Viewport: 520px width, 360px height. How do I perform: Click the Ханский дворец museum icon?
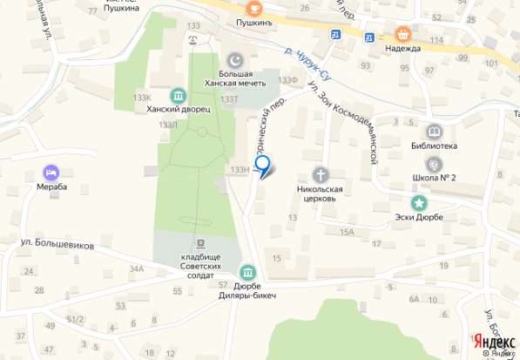click(x=179, y=95)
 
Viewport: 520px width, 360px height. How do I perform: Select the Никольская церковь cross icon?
click(x=320, y=174)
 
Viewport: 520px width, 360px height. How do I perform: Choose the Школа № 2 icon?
click(x=434, y=163)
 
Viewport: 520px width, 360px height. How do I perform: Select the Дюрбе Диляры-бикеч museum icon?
click(x=247, y=274)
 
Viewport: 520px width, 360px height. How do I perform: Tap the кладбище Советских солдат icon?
click(x=200, y=243)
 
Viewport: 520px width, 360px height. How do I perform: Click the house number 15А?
click(x=347, y=231)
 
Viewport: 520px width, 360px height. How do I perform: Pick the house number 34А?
click(x=137, y=268)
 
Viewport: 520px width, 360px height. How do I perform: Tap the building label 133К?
click(x=143, y=97)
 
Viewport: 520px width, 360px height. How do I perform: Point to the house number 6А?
click(x=414, y=299)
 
